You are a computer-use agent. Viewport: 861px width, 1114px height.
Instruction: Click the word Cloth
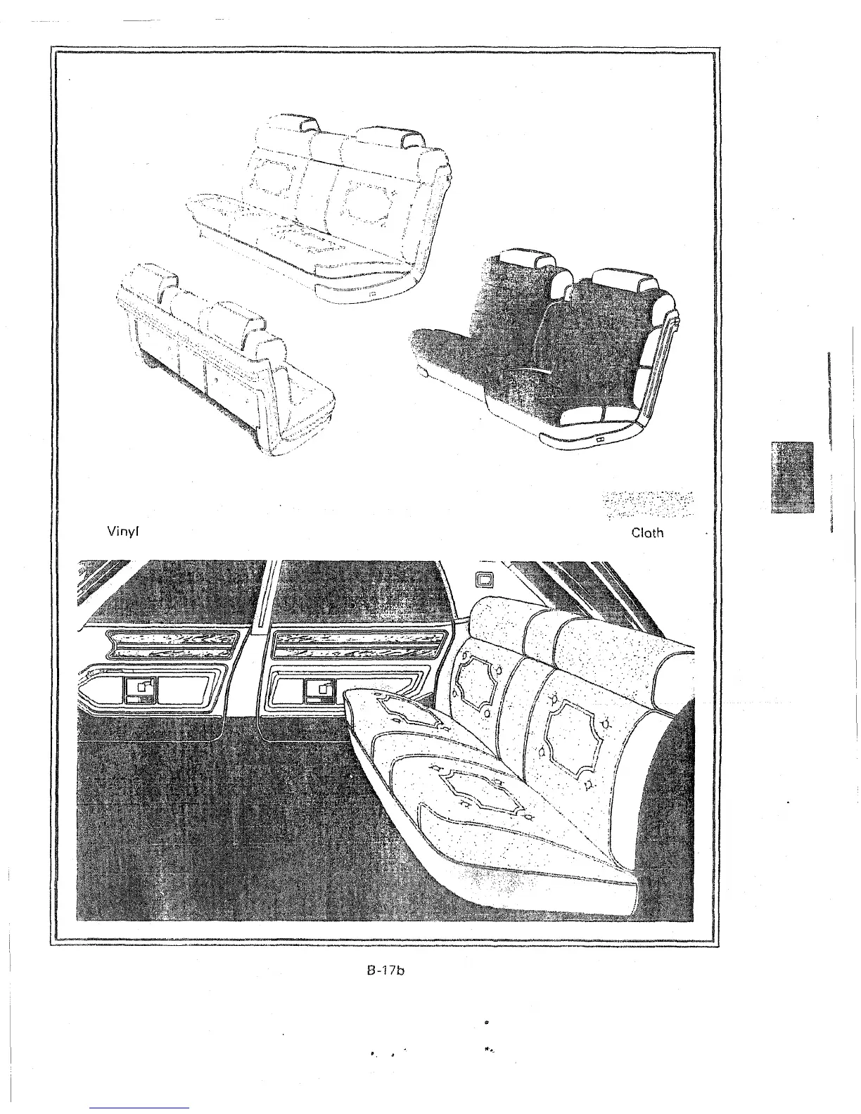pos(647,532)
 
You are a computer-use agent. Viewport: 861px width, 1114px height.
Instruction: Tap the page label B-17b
pos(387,971)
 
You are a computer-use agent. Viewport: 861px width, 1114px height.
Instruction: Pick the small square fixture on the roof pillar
pos(483,580)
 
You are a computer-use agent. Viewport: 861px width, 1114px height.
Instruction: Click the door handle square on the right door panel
pos(326,690)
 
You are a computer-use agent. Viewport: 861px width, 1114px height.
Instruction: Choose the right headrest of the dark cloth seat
pos(619,278)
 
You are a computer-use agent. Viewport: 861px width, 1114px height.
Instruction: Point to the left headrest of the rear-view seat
pos(151,278)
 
